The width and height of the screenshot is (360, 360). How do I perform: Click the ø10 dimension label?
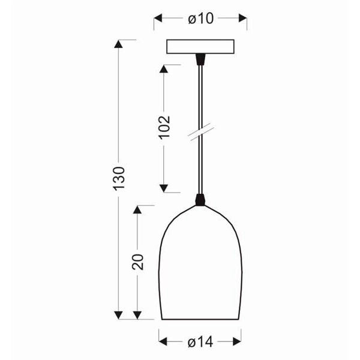pyautogui.click(x=200, y=19)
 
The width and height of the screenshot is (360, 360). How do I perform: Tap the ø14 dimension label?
pyautogui.click(x=201, y=343)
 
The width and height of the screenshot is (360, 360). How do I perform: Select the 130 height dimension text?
pyautogui.click(x=119, y=179)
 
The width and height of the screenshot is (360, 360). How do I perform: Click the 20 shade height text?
pyautogui.click(x=137, y=262)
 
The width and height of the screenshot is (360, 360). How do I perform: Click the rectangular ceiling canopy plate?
pyautogui.click(x=200, y=47)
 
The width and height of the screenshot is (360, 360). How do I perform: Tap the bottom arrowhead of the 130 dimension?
pyautogui.click(x=119, y=314)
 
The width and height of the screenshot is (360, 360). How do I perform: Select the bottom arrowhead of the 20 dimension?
pyautogui.click(x=137, y=314)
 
